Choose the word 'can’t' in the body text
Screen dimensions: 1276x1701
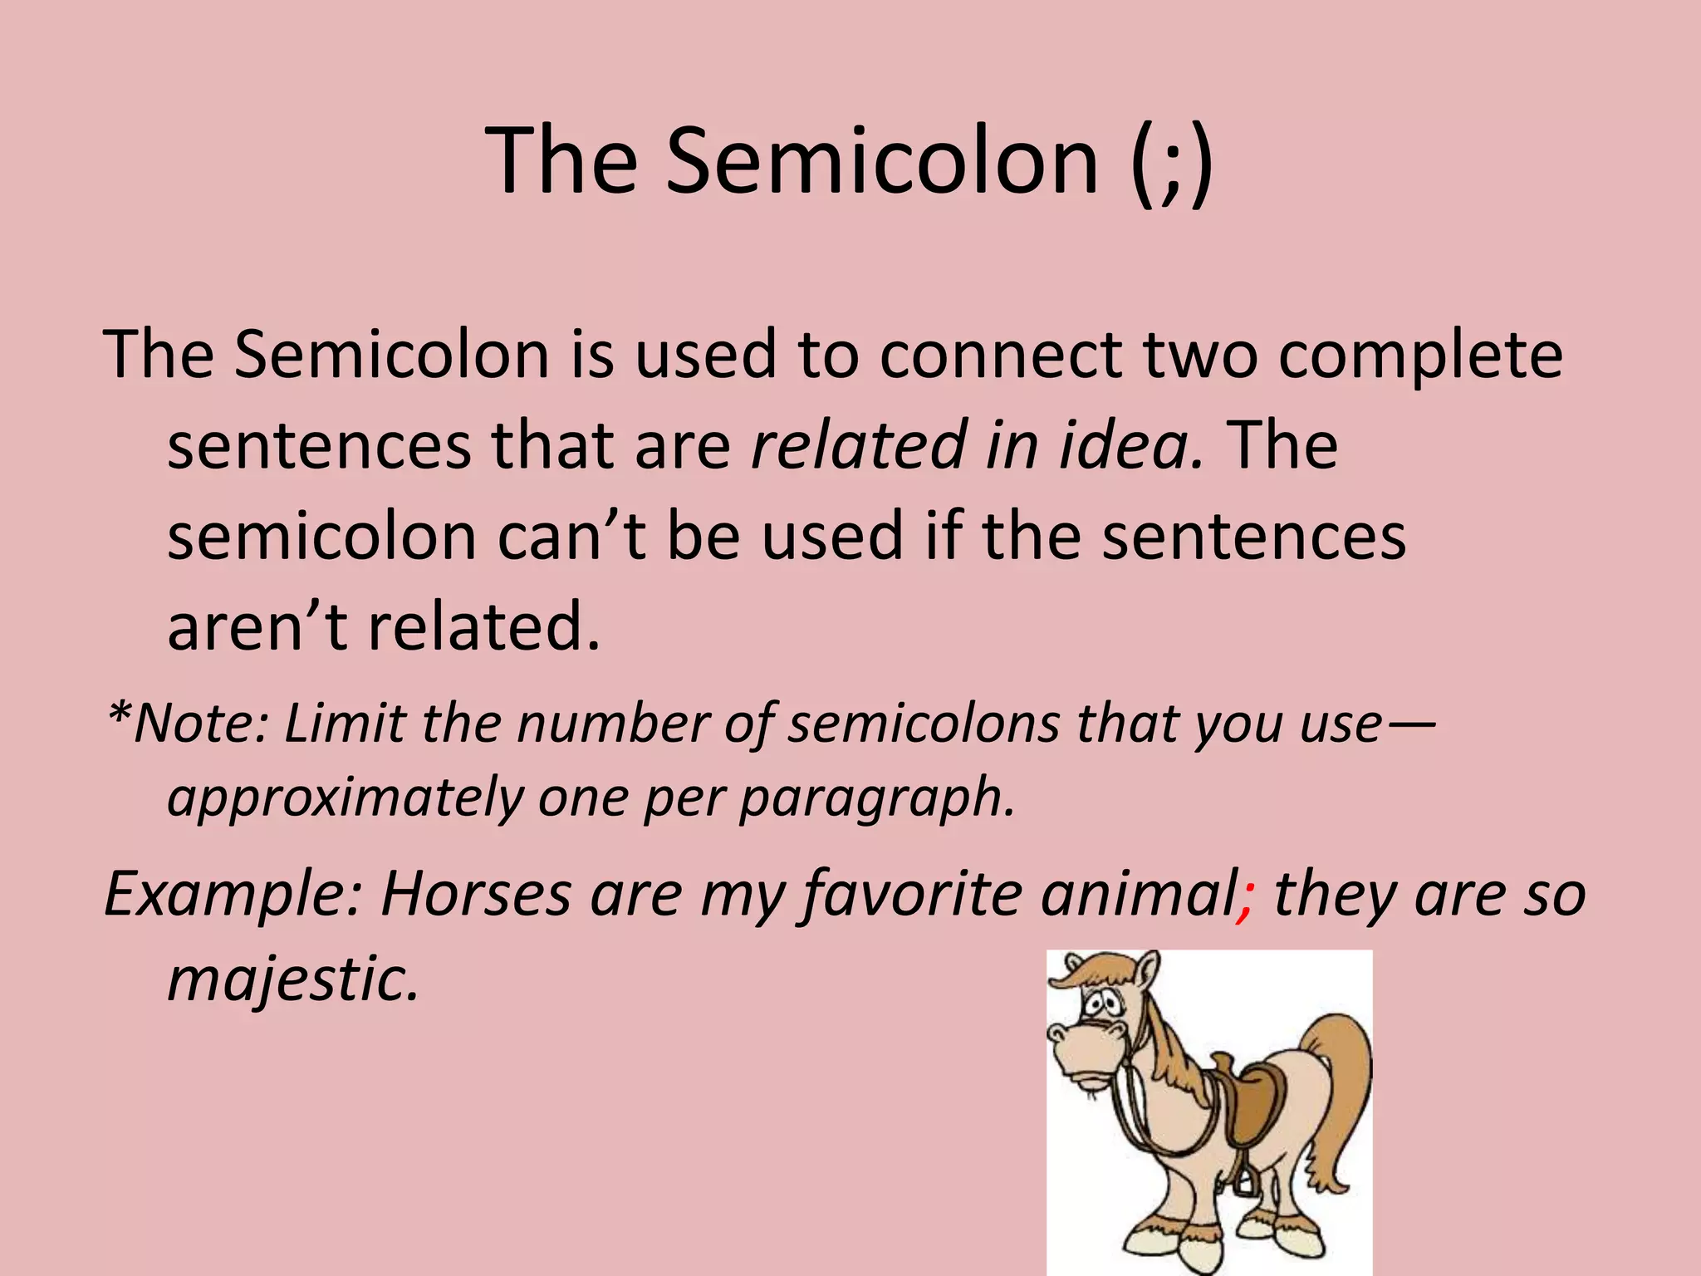571,536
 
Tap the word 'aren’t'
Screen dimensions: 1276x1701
257,626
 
